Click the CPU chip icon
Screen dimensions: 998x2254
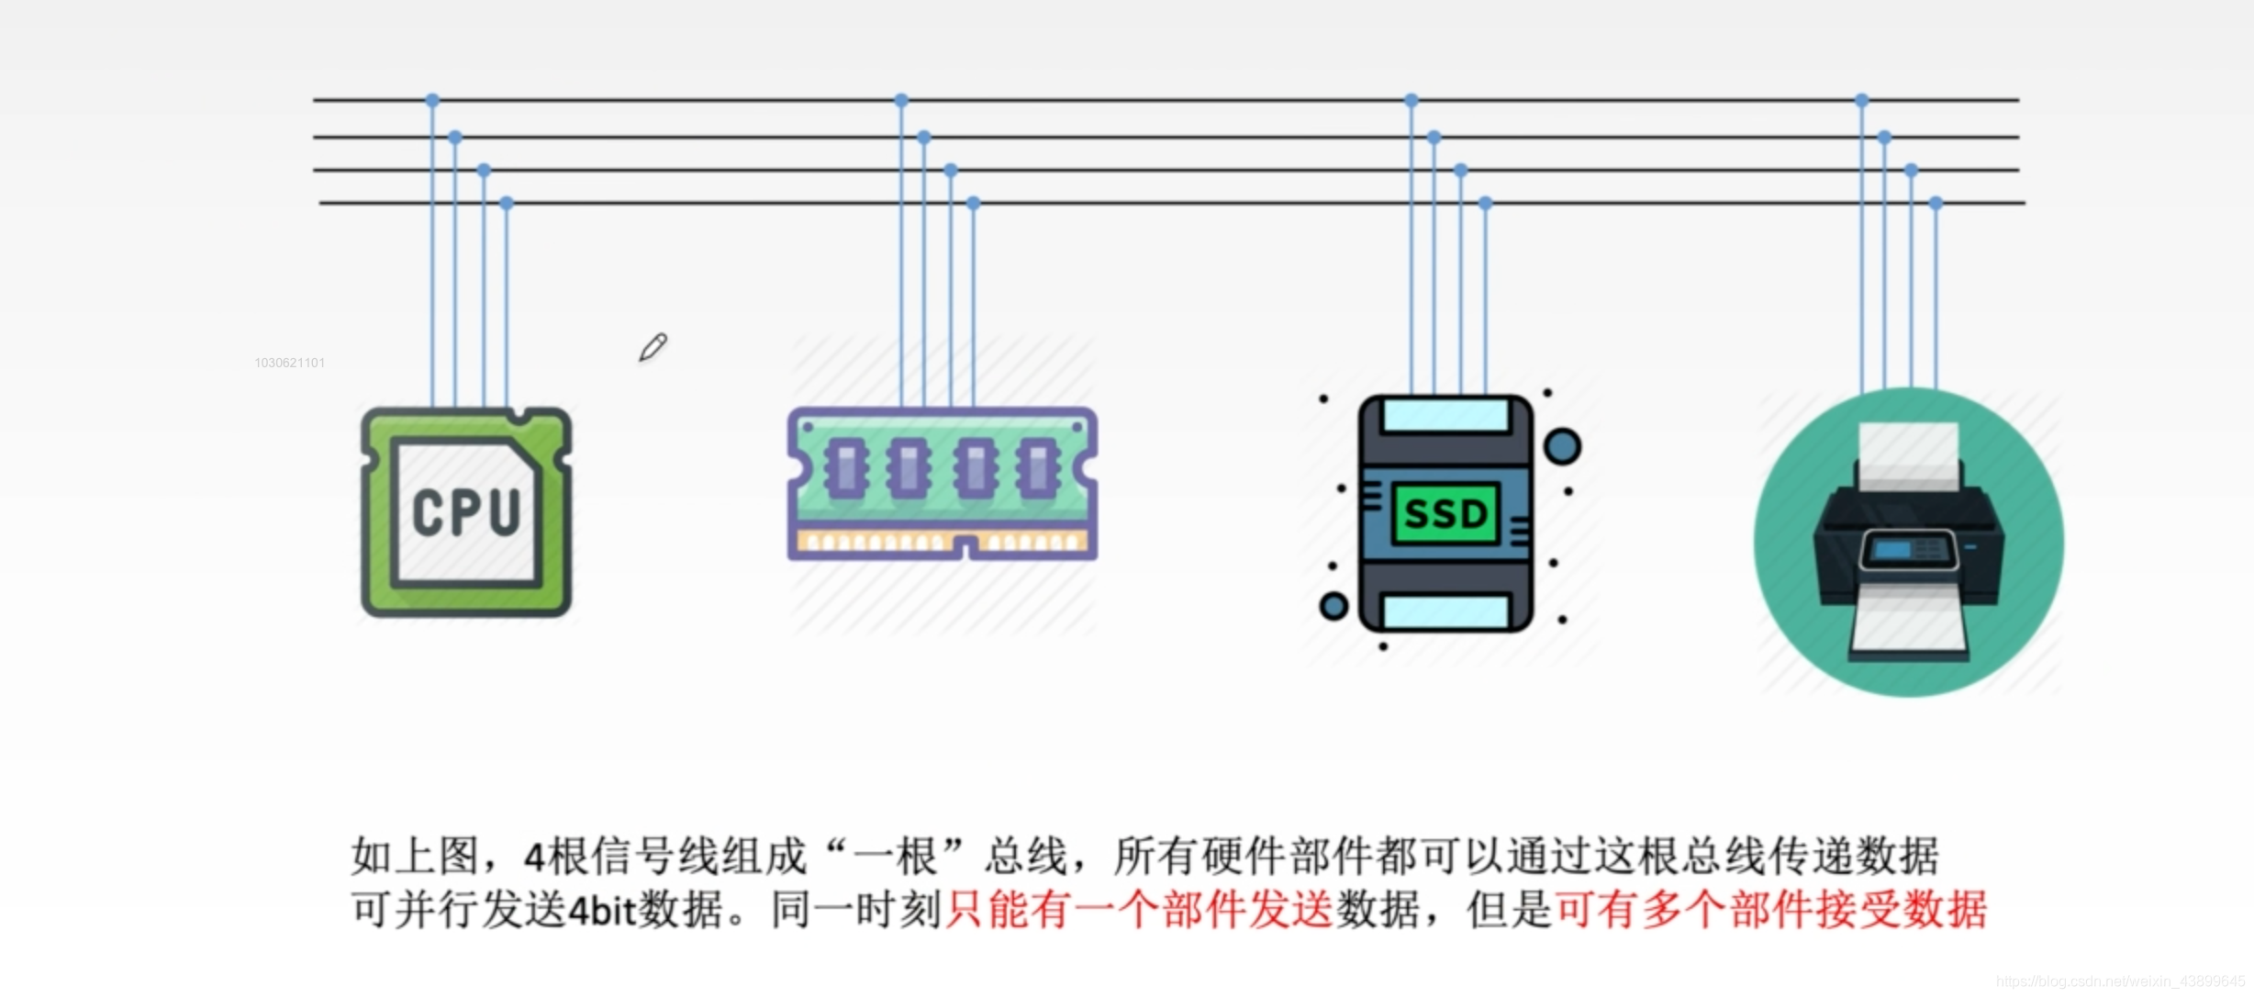(x=466, y=511)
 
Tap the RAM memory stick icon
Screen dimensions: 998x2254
(x=943, y=483)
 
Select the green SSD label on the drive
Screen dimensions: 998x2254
(x=1445, y=513)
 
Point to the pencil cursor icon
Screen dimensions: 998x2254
(x=653, y=347)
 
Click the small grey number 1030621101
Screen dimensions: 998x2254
(x=289, y=363)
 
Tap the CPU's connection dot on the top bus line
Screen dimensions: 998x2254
(x=432, y=99)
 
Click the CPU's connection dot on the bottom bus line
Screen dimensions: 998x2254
(x=507, y=203)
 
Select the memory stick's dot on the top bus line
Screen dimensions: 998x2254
(x=901, y=99)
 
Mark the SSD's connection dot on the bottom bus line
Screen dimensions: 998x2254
(x=1485, y=203)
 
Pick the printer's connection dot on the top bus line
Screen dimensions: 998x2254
(x=1862, y=99)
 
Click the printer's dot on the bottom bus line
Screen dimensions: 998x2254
(x=1936, y=203)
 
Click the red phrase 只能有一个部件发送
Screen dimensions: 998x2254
(x=1139, y=910)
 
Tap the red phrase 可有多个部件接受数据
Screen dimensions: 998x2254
(x=1770, y=910)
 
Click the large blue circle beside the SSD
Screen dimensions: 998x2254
(x=1562, y=446)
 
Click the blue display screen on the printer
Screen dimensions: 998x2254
(x=1891, y=549)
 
